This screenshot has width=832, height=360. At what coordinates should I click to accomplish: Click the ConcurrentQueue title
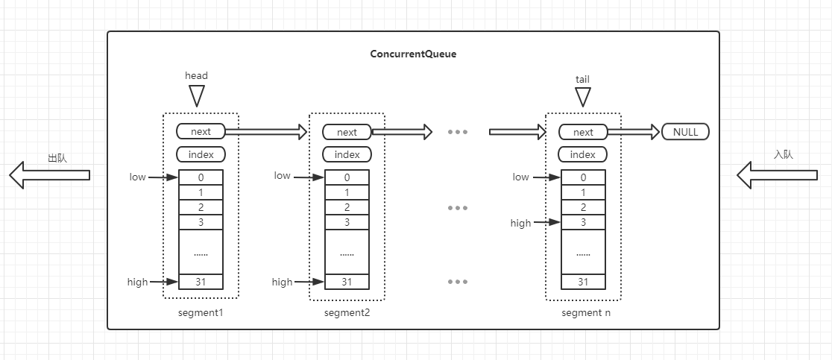(413, 54)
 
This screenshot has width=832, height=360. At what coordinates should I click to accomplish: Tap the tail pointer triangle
(582, 97)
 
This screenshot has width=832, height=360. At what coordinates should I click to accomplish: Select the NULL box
(685, 132)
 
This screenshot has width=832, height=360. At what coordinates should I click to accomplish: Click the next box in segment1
(201, 132)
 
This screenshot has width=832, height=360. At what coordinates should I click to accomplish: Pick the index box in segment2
(347, 154)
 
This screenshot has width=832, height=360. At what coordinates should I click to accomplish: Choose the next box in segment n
(583, 132)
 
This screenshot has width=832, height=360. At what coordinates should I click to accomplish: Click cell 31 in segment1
(201, 282)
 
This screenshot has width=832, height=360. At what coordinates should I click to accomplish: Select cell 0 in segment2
(347, 177)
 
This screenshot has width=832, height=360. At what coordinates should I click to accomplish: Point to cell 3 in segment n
(583, 222)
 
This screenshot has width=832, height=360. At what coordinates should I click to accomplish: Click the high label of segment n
(520, 223)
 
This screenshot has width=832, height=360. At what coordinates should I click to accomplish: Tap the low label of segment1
(137, 177)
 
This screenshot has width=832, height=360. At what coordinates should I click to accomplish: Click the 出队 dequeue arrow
(49, 175)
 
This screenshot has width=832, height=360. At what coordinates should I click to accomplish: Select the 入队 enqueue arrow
(778, 175)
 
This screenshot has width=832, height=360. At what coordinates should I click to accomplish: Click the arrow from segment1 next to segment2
(266, 132)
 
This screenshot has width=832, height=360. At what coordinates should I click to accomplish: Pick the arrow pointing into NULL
(634, 132)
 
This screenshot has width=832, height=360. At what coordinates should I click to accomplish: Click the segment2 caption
(347, 312)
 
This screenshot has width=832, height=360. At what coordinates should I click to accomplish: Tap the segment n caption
(586, 312)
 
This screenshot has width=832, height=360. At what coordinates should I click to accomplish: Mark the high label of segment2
(282, 282)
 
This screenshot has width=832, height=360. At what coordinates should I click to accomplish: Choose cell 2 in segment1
(201, 207)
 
